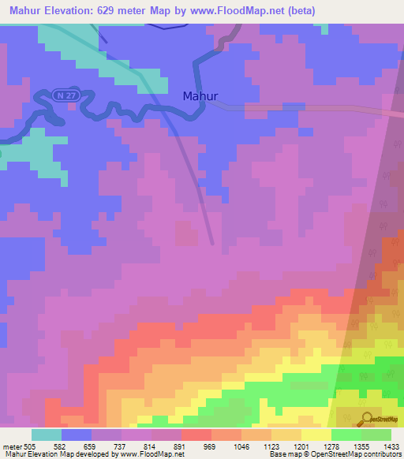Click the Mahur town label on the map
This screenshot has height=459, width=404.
click(200, 96)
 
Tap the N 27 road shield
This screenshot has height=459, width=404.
click(66, 95)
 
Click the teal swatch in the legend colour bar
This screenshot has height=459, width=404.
click(47, 435)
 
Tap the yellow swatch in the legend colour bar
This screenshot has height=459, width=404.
click(316, 435)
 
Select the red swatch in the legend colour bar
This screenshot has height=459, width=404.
click(196, 435)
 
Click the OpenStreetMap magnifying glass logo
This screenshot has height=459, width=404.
click(365, 419)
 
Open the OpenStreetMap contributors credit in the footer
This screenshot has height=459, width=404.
click(358, 454)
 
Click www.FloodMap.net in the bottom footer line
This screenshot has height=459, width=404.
click(150, 454)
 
